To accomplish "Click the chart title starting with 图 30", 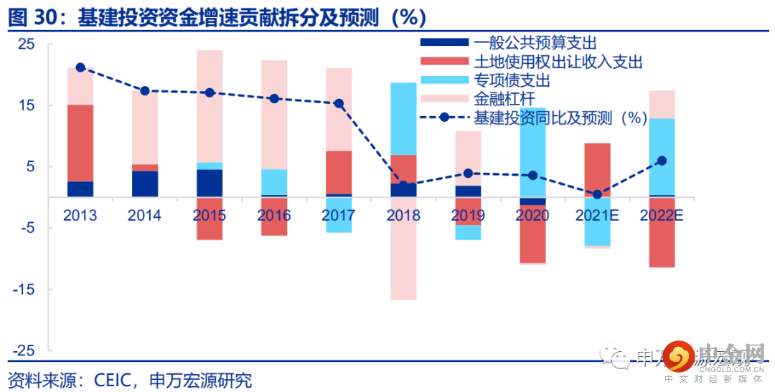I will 216,16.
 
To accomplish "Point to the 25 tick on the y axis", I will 26,44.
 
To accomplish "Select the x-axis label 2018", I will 403,215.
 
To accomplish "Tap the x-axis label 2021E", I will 597,215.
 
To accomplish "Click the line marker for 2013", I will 80,67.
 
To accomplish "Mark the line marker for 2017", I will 339,103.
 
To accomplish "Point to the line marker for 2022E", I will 662,161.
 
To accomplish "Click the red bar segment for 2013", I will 80,143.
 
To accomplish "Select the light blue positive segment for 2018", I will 403,118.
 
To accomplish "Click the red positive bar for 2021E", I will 597,169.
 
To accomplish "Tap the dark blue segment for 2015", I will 210,183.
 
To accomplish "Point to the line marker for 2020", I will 532,175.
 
